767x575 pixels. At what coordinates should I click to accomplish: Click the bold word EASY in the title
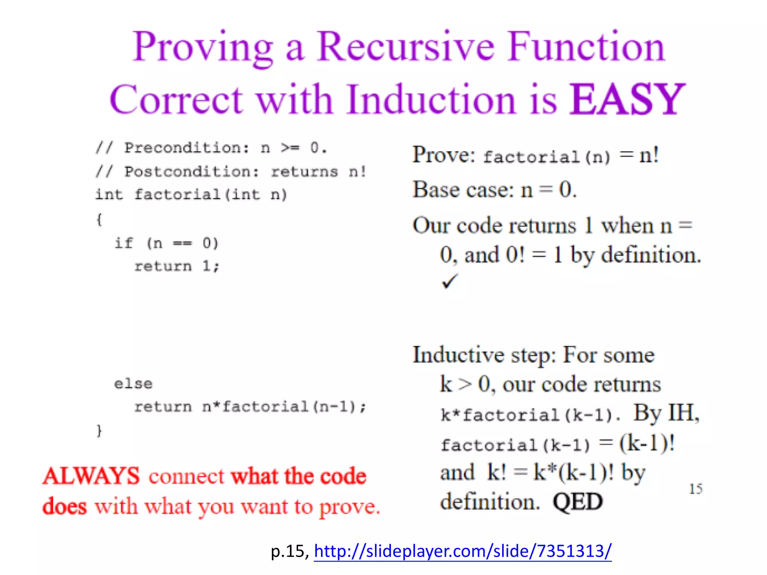pyautogui.click(x=627, y=100)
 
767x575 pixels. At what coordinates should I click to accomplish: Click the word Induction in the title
pyautogui.click(x=431, y=100)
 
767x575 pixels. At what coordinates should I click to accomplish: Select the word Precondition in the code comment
pyautogui.click(x=187, y=148)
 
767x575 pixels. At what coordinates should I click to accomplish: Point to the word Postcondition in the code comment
pyautogui.click(x=191, y=172)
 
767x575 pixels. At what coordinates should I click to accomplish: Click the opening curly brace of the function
pyautogui.click(x=99, y=219)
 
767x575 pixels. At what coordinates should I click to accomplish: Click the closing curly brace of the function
pyautogui.click(x=99, y=431)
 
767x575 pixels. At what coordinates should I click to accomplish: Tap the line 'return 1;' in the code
pyautogui.click(x=176, y=266)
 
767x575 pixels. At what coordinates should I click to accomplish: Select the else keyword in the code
pyautogui.click(x=133, y=384)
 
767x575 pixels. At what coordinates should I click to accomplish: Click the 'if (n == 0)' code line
pyautogui.click(x=166, y=243)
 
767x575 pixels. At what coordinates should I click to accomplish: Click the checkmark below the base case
pyautogui.click(x=449, y=282)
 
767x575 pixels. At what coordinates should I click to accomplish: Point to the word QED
pyautogui.click(x=577, y=502)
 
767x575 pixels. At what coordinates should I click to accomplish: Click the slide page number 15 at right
pyautogui.click(x=695, y=489)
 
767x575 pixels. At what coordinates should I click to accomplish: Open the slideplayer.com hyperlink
pyautogui.click(x=463, y=551)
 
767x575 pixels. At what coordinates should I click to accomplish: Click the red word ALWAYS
pyautogui.click(x=91, y=476)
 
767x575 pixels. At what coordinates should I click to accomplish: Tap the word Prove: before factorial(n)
pyautogui.click(x=443, y=155)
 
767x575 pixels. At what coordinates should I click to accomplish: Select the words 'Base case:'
pyautogui.click(x=463, y=190)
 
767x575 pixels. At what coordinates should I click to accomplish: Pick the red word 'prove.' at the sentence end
pyautogui.click(x=349, y=508)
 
